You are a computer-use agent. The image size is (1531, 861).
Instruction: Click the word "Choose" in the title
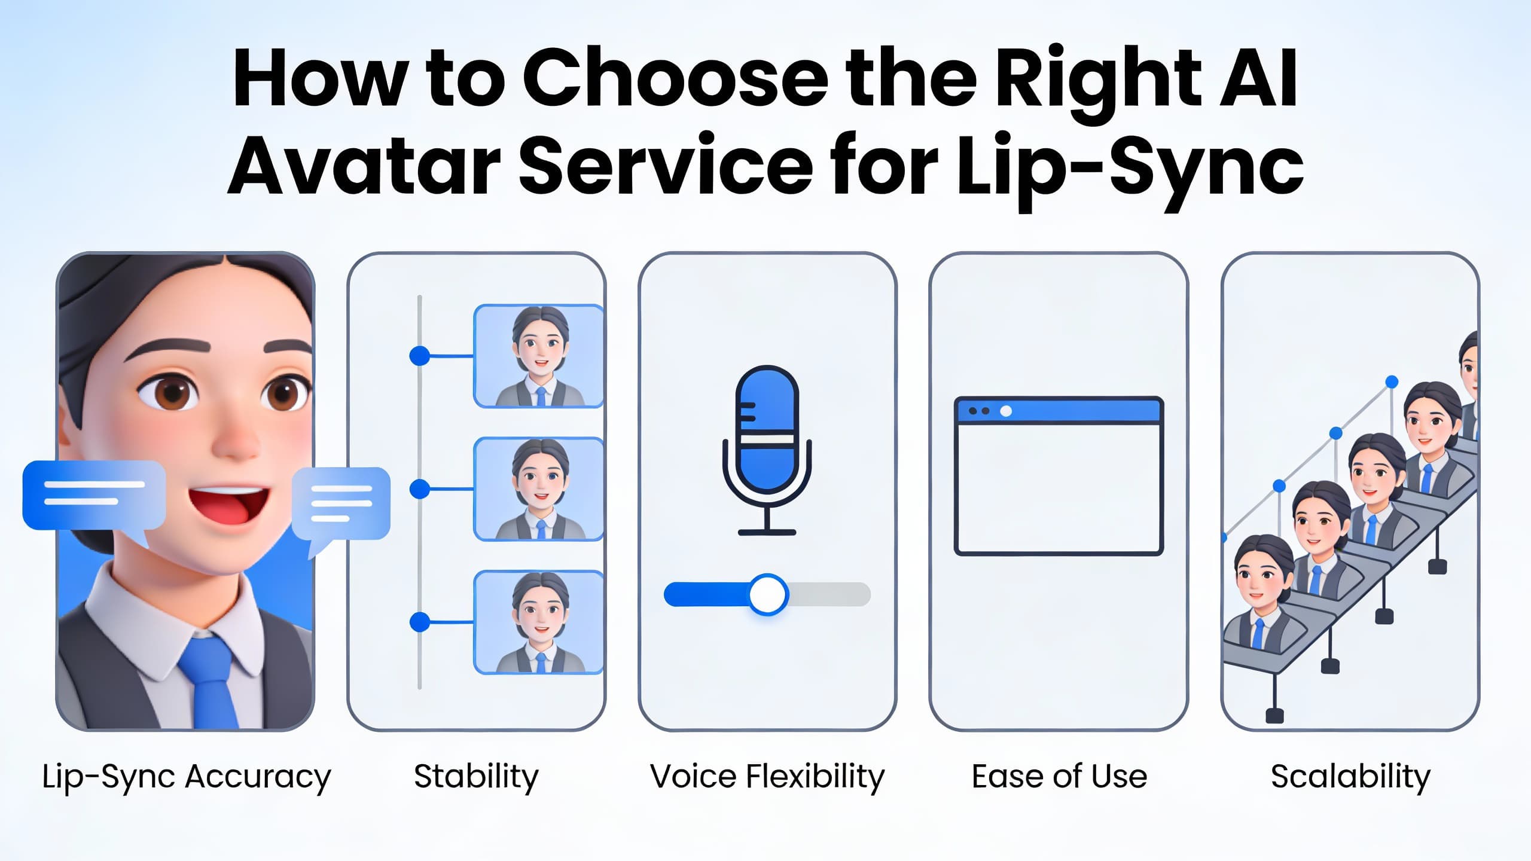click(676, 78)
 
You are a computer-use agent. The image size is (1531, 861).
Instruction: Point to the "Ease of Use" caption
click(1059, 777)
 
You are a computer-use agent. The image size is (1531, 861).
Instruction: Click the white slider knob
click(768, 594)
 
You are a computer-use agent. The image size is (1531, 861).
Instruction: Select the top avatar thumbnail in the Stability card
click(538, 356)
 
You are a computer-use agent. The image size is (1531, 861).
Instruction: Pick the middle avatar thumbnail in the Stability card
click(538, 489)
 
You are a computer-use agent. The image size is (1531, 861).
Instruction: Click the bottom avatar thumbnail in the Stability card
click(538, 622)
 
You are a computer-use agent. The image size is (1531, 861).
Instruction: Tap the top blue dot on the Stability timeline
click(420, 356)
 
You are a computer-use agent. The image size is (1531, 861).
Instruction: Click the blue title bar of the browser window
click(1059, 411)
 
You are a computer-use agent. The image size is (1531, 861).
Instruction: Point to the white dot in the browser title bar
click(1006, 411)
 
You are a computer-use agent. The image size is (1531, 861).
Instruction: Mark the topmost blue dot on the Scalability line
click(1392, 381)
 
